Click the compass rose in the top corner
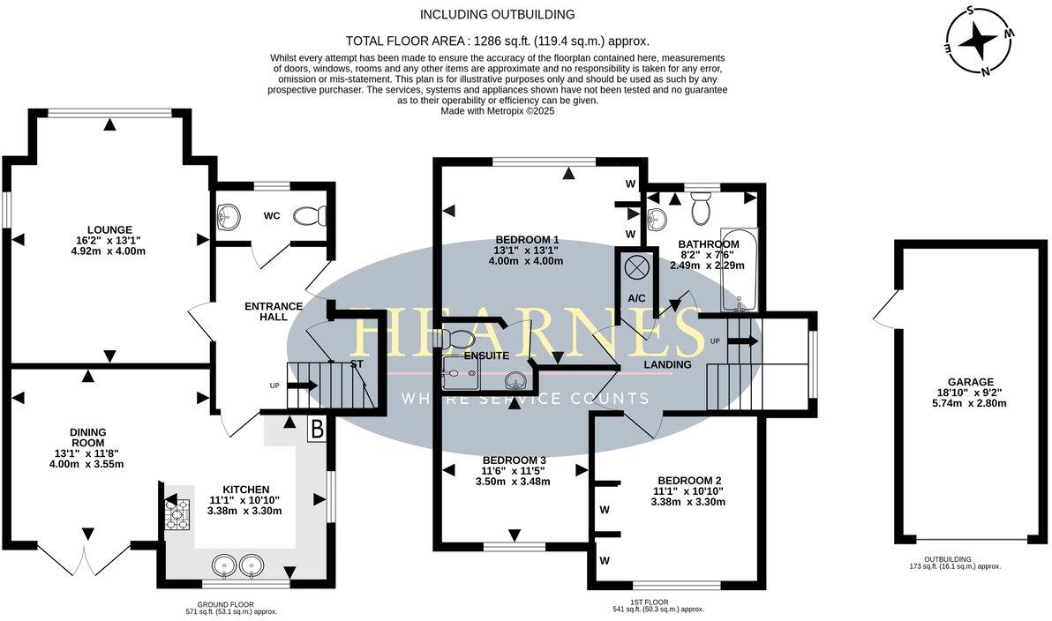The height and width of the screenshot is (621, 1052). (980, 41)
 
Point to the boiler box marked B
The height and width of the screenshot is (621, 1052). (315, 430)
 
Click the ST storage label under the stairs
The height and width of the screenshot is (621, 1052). (357, 363)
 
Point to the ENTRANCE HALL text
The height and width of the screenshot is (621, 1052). (274, 311)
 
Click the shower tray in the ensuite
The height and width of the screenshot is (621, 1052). (462, 374)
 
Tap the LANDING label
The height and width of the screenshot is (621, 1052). (667, 364)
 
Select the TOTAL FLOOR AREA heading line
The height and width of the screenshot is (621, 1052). (497, 41)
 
